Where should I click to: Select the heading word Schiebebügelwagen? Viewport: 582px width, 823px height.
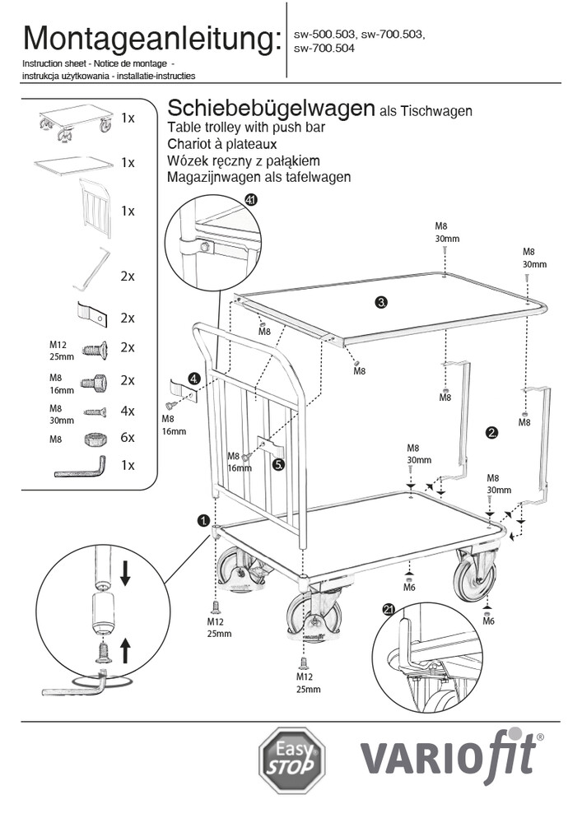pos(271,109)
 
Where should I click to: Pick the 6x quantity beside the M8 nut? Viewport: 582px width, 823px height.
pos(127,439)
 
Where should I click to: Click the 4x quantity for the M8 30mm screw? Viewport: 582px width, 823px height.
pos(127,410)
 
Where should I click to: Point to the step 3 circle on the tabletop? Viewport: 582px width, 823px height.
pos(381,302)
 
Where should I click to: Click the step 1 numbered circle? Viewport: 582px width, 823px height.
pos(203,520)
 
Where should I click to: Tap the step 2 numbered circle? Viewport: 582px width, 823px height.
pos(492,431)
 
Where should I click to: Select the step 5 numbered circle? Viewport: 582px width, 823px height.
pos(279,464)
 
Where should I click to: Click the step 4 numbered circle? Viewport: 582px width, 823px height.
pos(193,379)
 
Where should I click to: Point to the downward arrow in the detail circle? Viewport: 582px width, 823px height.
pos(125,573)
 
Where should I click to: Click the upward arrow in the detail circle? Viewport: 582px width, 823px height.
pos(125,652)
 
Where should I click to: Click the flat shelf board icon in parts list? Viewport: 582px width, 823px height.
pos(72,165)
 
